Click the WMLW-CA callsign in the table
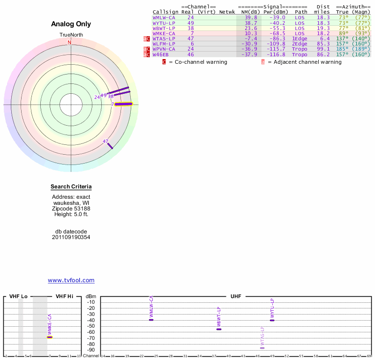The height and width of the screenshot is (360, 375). [x=164, y=17]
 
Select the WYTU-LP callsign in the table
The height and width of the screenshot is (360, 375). [x=164, y=23]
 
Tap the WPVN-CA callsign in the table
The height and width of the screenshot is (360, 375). [x=164, y=49]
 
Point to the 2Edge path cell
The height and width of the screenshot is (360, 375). [x=300, y=44]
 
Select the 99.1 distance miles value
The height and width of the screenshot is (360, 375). [x=323, y=49]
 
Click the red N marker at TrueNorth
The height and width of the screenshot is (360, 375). [x=69, y=43]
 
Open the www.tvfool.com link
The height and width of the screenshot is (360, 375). [x=71, y=280]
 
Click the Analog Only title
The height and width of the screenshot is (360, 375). [x=71, y=24]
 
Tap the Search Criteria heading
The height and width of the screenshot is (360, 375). [x=71, y=187]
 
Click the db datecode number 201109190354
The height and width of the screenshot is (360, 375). [x=71, y=237]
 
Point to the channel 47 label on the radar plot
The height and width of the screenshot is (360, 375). [x=105, y=141]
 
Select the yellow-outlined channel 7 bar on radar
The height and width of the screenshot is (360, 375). [x=124, y=104]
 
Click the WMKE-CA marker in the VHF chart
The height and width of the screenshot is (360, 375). [x=50, y=337]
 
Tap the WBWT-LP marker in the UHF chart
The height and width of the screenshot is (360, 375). [x=219, y=329]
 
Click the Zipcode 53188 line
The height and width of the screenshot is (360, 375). [x=71, y=209]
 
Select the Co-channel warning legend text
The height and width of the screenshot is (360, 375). [x=198, y=62]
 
